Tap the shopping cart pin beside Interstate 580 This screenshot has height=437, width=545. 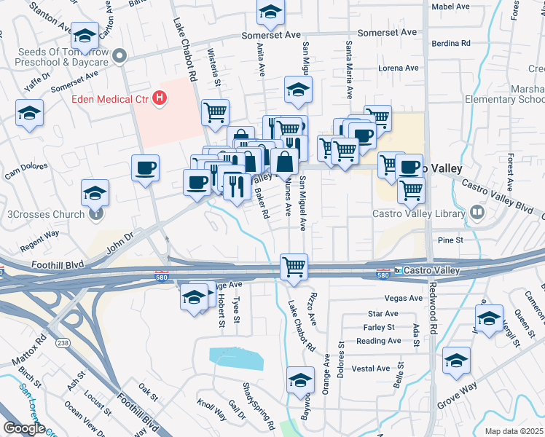[294, 267]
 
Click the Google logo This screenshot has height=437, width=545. [24, 428]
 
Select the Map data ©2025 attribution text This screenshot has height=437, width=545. [514, 431]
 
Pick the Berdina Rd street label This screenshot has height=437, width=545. [450, 43]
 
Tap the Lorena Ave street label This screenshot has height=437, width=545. [399, 68]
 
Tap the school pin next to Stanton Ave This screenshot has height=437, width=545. [85, 36]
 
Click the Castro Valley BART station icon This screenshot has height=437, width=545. [399, 270]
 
